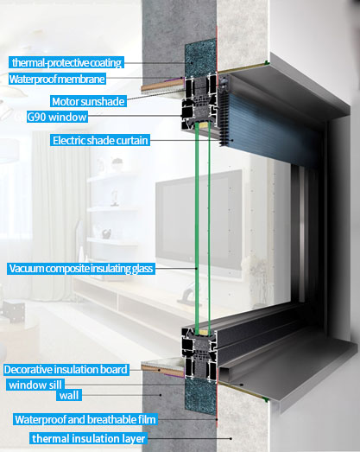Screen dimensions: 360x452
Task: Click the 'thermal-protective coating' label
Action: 66,62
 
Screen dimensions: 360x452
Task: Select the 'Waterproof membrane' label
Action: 57,79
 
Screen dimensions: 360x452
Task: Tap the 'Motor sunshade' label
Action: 88,101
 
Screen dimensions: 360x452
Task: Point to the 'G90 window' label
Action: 57,117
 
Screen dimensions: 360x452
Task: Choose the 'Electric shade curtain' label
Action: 100,140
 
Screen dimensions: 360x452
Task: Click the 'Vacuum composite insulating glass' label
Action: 81,269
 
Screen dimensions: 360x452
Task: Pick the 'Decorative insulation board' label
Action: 66,369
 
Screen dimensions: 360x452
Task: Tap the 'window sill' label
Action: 35,385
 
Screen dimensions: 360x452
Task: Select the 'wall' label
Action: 69,395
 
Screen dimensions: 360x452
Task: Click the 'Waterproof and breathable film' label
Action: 85,419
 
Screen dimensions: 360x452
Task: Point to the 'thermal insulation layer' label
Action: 88,438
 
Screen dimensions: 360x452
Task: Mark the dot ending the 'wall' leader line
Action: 161,395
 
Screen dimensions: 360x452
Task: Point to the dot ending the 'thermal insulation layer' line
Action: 231,438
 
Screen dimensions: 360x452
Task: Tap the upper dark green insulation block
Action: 200,59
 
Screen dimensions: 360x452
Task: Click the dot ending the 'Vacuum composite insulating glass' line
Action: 197,269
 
